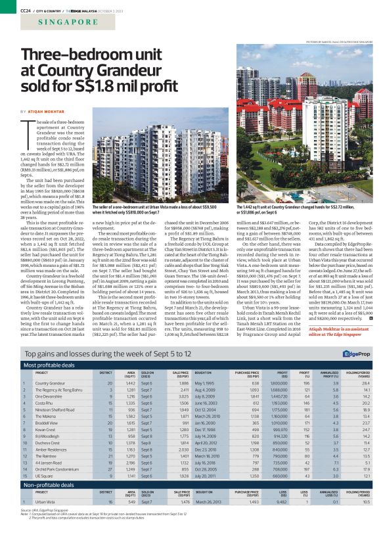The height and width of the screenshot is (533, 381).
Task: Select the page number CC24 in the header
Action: (x=27, y=9)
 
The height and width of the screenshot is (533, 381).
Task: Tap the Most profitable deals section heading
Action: (x=52, y=364)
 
